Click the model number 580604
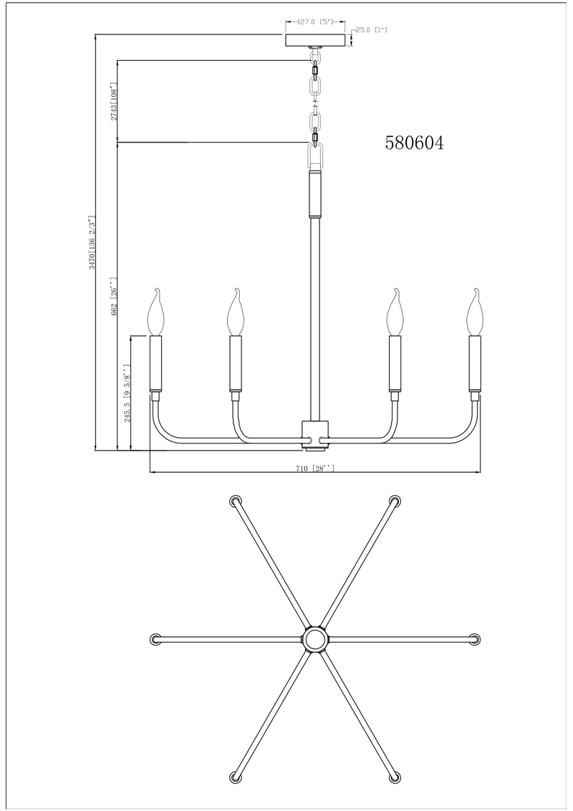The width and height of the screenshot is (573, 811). (415, 143)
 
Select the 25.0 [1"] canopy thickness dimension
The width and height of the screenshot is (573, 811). (372, 30)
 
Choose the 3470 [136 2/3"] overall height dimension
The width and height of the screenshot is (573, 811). (91, 244)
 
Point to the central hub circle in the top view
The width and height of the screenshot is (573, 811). (314, 639)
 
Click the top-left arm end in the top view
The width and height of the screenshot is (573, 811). (234, 502)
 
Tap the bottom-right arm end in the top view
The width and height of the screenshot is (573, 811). (393, 777)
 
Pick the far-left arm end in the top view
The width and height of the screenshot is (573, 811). (155, 639)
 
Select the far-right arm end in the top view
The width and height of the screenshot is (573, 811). (473, 639)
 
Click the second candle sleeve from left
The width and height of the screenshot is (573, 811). (235, 363)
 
